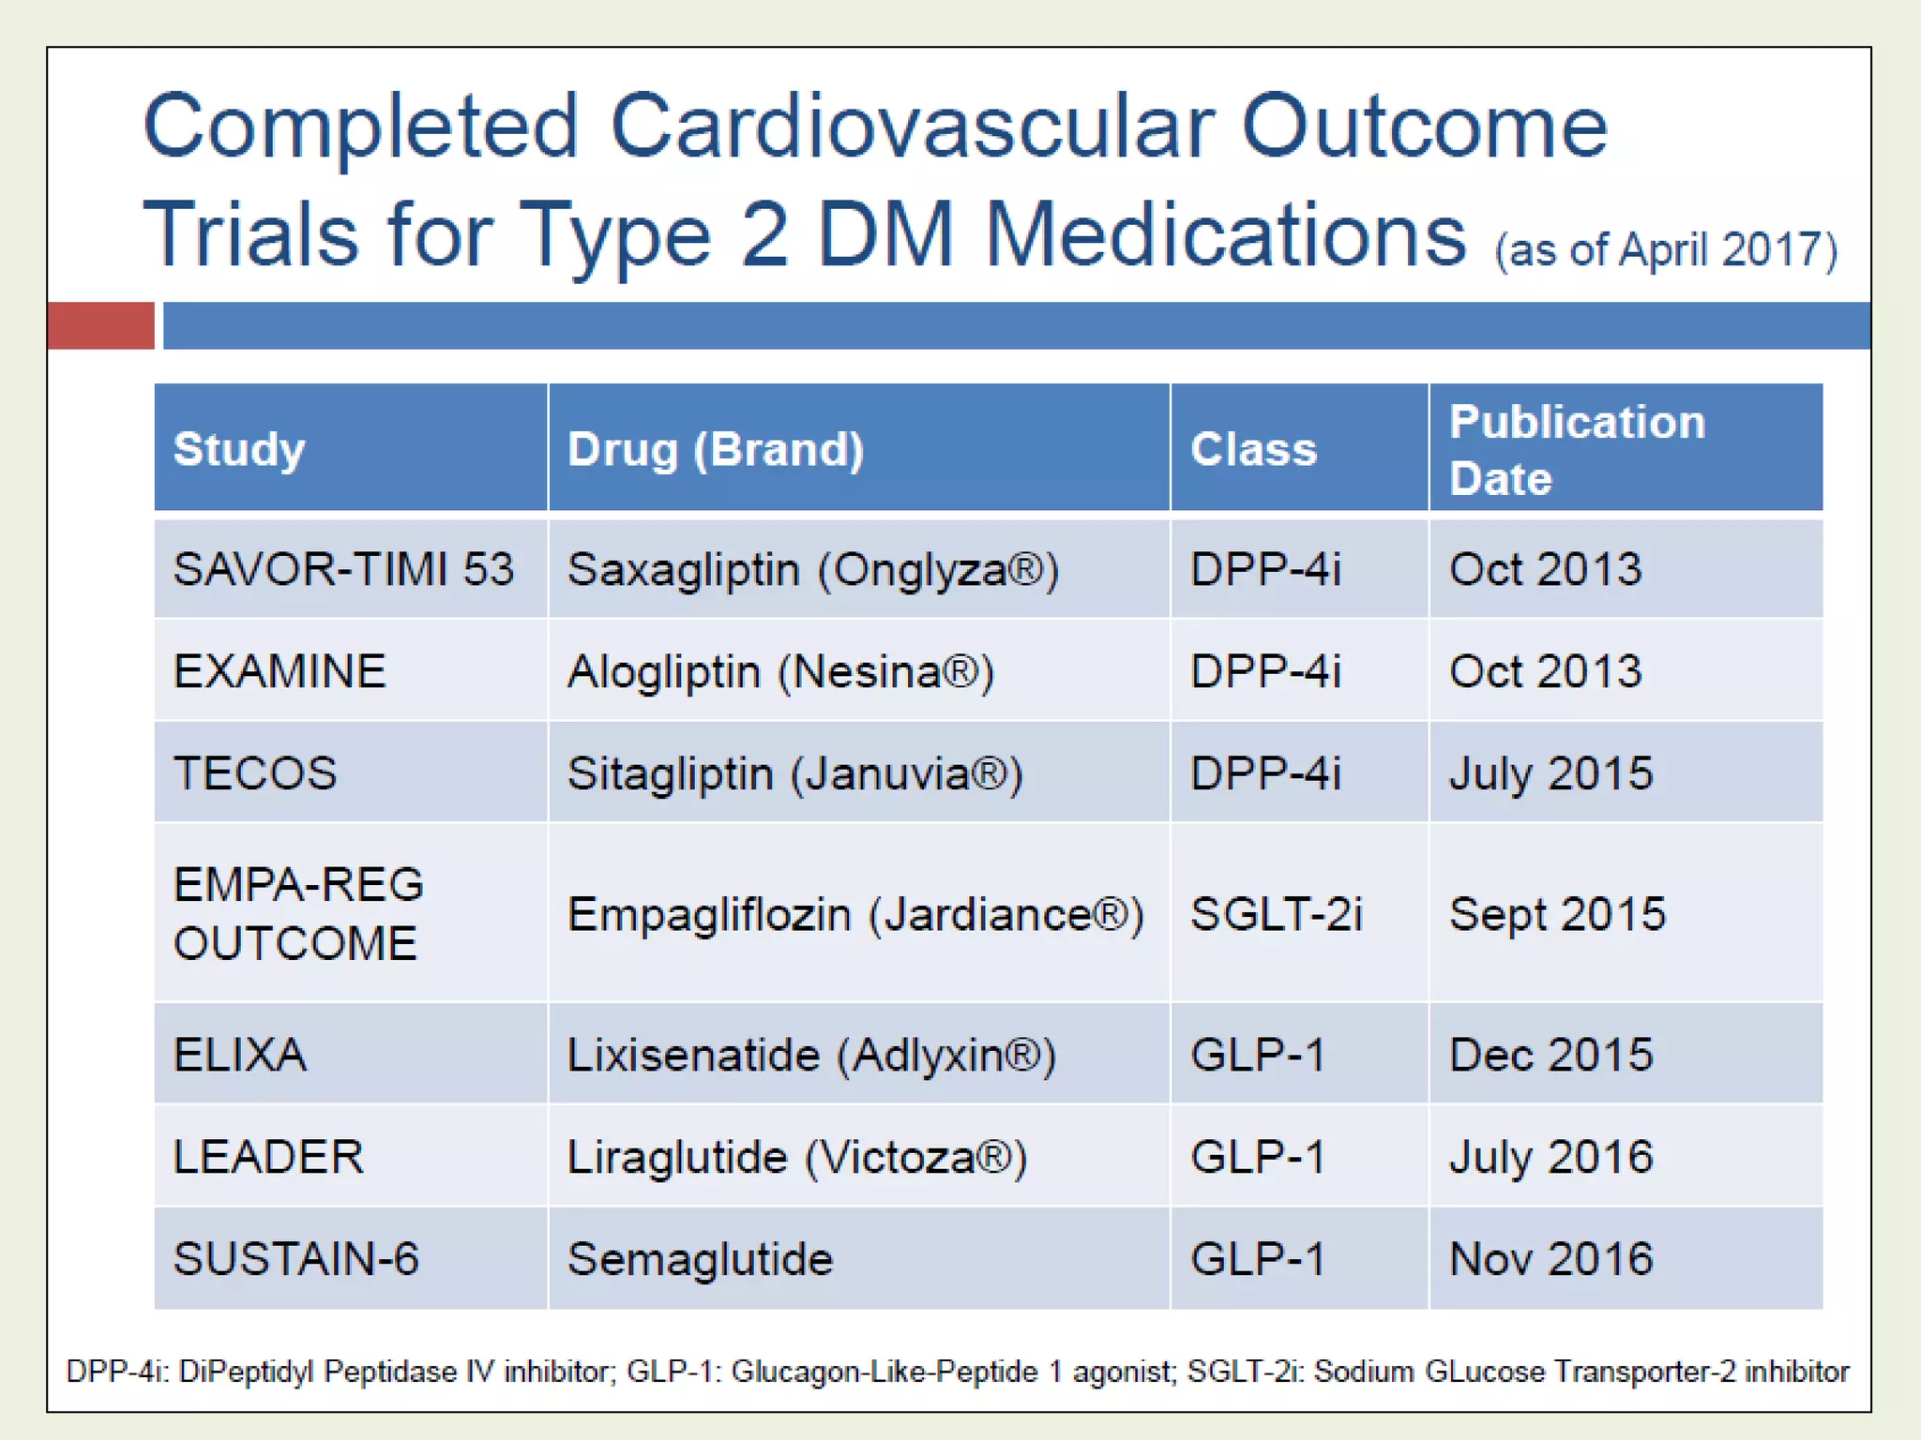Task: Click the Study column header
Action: point(239,449)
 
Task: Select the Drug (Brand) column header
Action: point(716,449)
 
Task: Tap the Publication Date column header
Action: point(1577,449)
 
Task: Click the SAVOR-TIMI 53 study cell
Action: point(343,569)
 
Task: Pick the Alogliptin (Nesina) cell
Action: point(780,671)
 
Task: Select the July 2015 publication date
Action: point(1550,773)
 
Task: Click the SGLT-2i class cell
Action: point(1276,913)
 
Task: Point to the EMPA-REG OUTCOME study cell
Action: point(298,913)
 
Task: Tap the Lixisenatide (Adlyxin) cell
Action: point(811,1055)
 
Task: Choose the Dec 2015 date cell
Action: point(1550,1055)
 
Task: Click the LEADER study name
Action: point(268,1157)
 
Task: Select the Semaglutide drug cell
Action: point(700,1259)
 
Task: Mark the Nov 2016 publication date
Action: point(1550,1259)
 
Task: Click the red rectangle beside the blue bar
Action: point(100,325)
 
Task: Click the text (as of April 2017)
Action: point(1665,250)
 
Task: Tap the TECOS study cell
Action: point(255,773)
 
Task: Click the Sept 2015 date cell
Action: point(1557,913)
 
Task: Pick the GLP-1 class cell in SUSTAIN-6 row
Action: point(1257,1259)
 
